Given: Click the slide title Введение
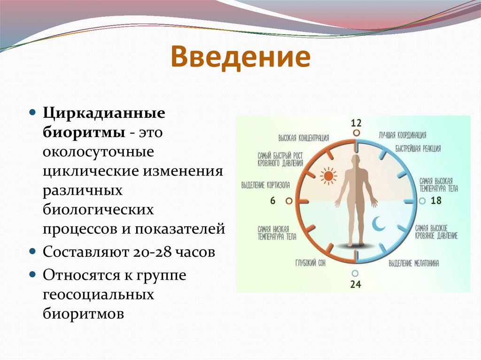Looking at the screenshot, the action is (x=240, y=57).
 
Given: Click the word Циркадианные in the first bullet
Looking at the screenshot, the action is (x=104, y=114).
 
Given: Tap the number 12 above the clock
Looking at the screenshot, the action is (x=356, y=123).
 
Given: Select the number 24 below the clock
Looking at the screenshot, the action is (x=356, y=284).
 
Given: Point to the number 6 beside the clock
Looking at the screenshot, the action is (x=273, y=201).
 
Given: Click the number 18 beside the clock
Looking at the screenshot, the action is (x=436, y=200).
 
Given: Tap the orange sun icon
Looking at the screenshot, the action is (x=328, y=176).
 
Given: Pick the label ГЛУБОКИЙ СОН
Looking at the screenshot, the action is (x=310, y=263).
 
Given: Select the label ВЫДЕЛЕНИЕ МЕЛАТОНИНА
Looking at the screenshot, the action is (x=414, y=263).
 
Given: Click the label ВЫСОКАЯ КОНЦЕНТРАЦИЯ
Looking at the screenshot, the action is (x=304, y=138).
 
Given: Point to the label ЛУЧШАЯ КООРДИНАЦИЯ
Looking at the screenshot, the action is (x=403, y=135).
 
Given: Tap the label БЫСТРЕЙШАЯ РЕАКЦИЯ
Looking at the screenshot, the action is (x=418, y=149).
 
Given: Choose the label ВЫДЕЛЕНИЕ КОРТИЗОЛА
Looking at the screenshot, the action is (x=266, y=185).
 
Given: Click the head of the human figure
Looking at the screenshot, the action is (x=356, y=161).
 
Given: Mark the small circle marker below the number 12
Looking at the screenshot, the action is (x=356, y=133).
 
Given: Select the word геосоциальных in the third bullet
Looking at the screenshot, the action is (x=98, y=295).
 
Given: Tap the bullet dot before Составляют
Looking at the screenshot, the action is (x=32, y=252).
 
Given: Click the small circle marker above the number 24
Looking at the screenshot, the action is (x=355, y=273).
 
